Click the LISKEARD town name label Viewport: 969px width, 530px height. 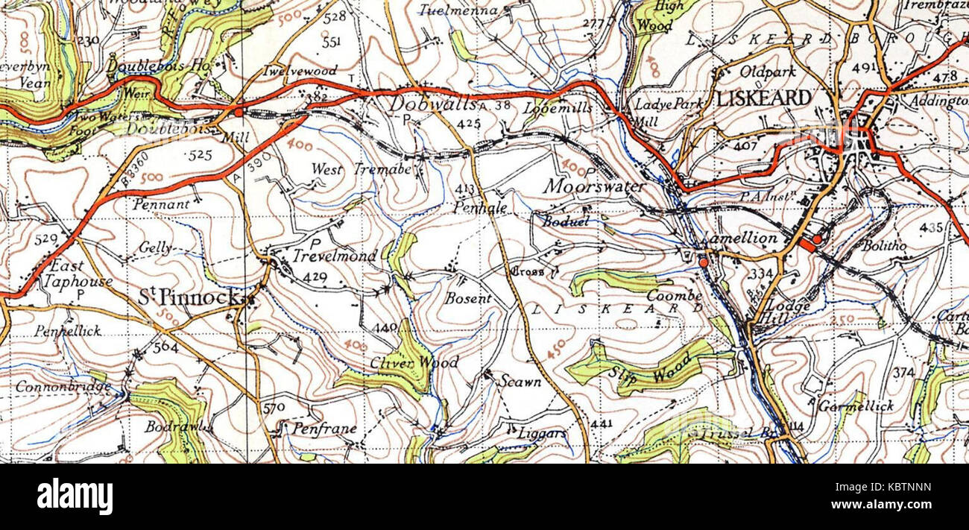(763, 98)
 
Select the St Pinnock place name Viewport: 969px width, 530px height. (190, 298)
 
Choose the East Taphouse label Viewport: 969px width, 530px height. (78, 274)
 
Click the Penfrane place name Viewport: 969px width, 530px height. (324, 429)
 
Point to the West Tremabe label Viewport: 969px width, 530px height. (361, 170)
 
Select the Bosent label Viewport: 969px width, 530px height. (468, 299)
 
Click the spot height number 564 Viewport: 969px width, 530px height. (165, 347)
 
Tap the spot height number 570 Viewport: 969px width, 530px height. (274, 408)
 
